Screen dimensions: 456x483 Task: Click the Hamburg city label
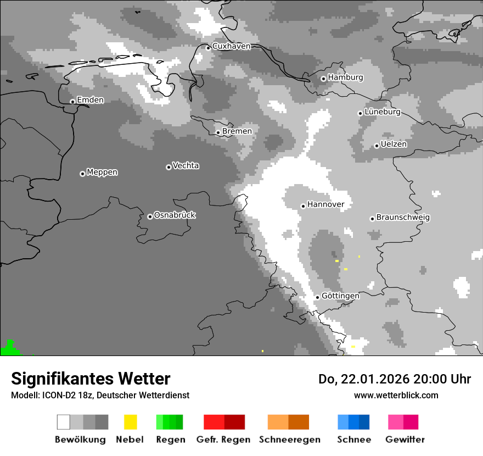[x=346, y=77]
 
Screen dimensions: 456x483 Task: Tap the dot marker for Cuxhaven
[x=208, y=48]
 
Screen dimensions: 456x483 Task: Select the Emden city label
[x=90, y=100]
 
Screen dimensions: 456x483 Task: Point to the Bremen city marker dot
[x=218, y=132]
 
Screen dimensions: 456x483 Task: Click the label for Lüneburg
[x=383, y=112]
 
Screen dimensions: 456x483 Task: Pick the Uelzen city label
[x=394, y=144]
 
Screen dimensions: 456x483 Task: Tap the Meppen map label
[x=102, y=172]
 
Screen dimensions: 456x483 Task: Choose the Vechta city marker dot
[x=169, y=167]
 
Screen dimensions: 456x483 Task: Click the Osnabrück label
[x=175, y=215]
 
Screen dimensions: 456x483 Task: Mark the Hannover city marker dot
[x=303, y=206]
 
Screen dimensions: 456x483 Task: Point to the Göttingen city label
[x=340, y=296]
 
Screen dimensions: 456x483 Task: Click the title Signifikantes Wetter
[x=91, y=379]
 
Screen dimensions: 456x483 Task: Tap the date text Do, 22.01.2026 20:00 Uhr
[x=395, y=379]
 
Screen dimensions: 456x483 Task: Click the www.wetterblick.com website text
[x=396, y=395]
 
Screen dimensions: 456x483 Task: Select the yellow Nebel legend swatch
[x=130, y=422]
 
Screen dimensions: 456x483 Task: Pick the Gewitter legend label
[x=405, y=440]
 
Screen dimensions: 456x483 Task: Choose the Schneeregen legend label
[x=290, y=440]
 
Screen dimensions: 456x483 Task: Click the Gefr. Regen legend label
[x=223, y=440]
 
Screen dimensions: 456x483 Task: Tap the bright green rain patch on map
[x=9, y=349]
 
